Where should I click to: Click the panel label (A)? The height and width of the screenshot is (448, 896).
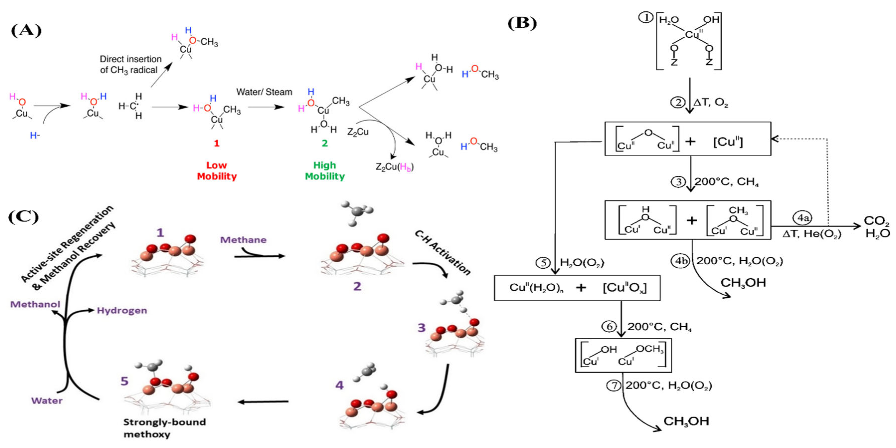[26, 31]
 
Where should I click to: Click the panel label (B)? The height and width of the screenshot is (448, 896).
[522, 24]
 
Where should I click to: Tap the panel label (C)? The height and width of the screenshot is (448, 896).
[24, 217]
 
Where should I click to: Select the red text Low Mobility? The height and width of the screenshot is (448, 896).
[217, 171]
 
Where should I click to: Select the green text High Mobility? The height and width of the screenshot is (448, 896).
[325, 171]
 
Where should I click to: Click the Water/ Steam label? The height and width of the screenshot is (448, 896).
[264, 92]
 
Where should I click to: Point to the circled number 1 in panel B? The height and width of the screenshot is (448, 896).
[646, 17]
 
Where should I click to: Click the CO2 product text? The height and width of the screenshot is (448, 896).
[876, 221]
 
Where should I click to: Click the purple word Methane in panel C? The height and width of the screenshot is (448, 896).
[243, 240]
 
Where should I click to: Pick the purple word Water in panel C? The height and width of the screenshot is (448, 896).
[47, 401]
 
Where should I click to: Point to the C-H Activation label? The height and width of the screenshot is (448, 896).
[442, 252]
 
